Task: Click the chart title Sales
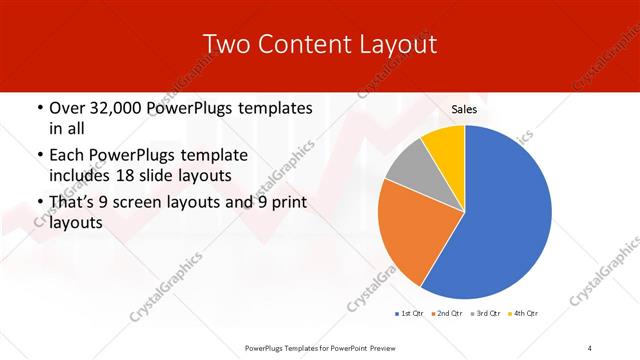click(464, 109)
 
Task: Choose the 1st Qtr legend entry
click(409, 314)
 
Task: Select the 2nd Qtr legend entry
click(445, 314)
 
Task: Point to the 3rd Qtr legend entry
click(483, 314)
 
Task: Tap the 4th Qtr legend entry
click(523, 314)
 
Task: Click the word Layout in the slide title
click(396, 45)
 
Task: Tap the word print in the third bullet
click(284, 203)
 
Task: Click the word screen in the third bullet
click(139, 203)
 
